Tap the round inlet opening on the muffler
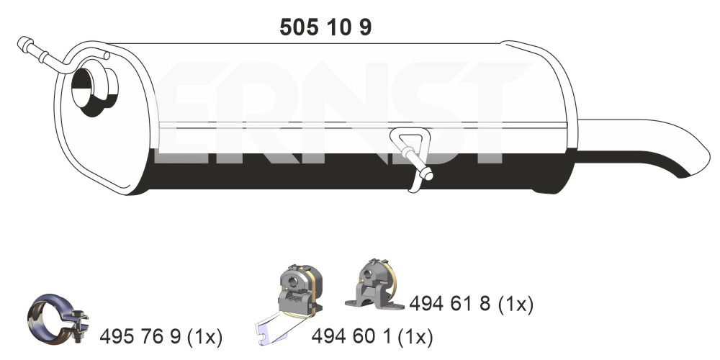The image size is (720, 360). click(x=93, y=91)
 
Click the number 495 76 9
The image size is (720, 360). click(x=141, y=336)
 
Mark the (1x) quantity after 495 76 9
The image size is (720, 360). click(x=204, y=336)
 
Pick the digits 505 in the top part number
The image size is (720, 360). click(x=295, y=27)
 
